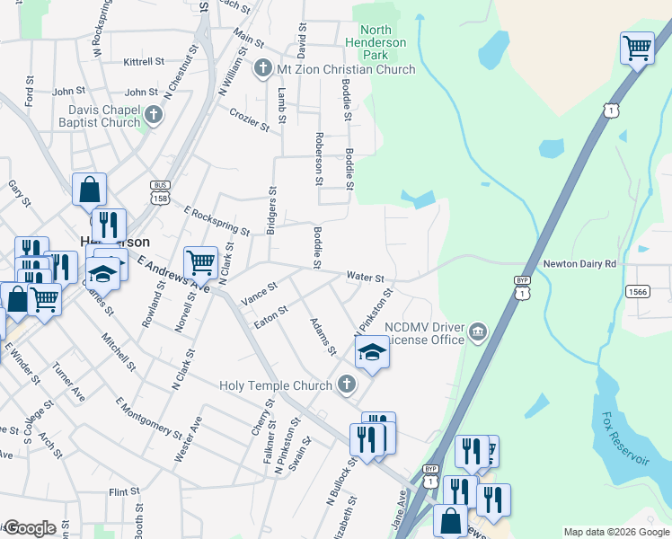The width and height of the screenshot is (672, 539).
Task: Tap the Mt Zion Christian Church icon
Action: pyautogui.click(x=263, y=69)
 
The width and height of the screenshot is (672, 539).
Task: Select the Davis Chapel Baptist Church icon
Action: pyautogui.click(x=154, y=115)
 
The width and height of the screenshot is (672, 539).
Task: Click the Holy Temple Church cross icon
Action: pyautogui.click(x=346, y=386)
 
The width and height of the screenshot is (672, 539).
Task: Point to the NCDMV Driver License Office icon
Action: pyautogui.click(x=478, y=333)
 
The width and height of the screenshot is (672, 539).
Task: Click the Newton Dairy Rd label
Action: pyautogui.click(x=579, y=264)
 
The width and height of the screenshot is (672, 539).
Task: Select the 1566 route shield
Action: pyautogui.click(x=635, y=292)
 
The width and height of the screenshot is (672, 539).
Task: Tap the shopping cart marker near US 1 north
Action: pyautogui.click(x=637, y=48)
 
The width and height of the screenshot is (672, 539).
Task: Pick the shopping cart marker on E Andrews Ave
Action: pyautogui.click(x=200, y=262)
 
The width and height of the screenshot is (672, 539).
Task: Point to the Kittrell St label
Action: pyautogui.click(x=145, y=63)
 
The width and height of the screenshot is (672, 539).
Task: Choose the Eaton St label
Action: pyautogui.click(x=270, y=315)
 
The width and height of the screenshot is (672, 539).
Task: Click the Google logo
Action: pyautogui.click(x=30, y=528)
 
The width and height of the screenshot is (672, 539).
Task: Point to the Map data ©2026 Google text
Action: pyautogui.click(x=616, y=532)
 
